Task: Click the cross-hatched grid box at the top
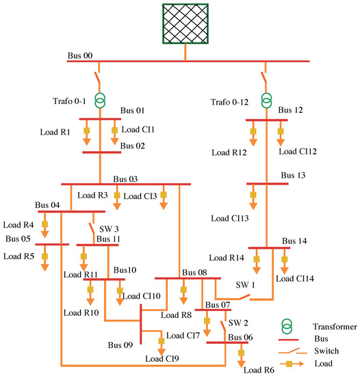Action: point(185,24)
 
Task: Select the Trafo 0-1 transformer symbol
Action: point(101,100)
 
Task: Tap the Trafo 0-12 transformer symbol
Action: point(266,100)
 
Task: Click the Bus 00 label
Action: point(81,55)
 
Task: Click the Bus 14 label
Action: point(295,241)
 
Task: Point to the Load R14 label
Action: point(226,258)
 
